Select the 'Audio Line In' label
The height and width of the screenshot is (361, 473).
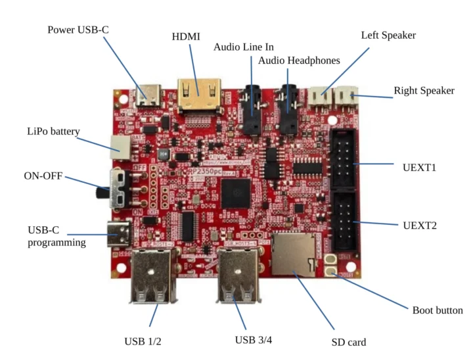pos(244,47)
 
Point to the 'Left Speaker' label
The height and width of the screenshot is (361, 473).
pos(388,35)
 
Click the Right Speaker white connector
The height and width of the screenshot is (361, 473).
pos(344,97)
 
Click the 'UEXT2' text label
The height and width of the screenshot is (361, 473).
pos(420,225)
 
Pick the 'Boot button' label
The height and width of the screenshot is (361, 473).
pos(437,310)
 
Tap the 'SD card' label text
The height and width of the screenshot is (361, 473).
pos(348,342)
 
